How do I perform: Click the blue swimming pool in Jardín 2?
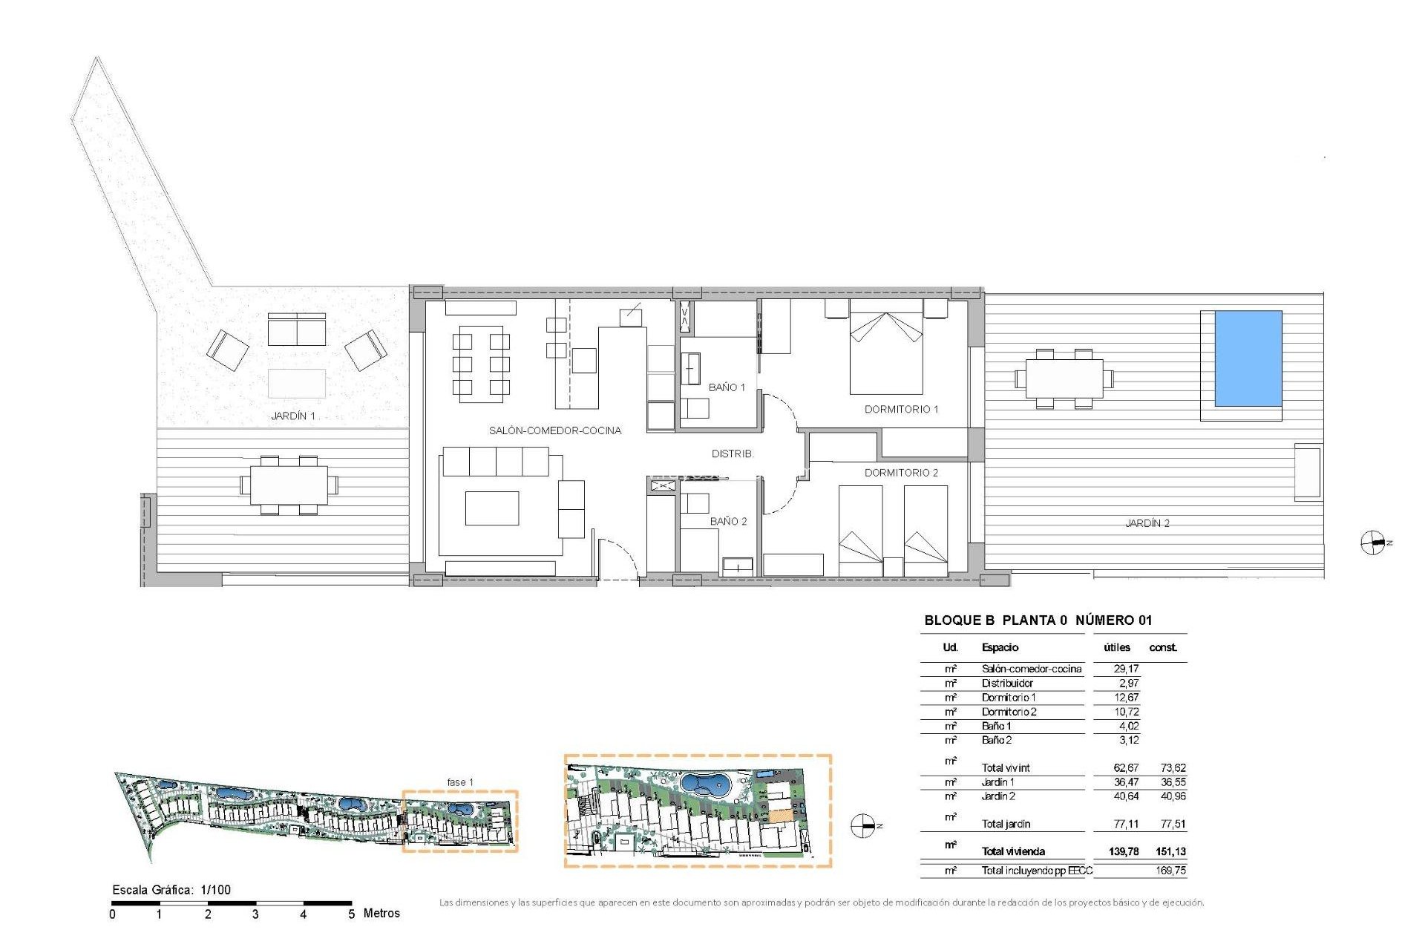pyautogui.click(x=1248, y=358)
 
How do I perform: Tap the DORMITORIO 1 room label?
pyautogui.click(x=901, y=409)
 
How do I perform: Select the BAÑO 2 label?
pyautogui.click(x=728, y=521)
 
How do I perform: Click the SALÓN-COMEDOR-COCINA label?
pyautogui.click(x=554, y=430)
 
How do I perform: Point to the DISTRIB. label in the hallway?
pyautogui.click(x=732, y=453)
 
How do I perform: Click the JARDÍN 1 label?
pyautogui.click(x=293, y=416)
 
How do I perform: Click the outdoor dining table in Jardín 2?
pyautogui.click(x=1064, y=379)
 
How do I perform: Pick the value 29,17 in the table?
pyautogui.click(x=1125, y=669)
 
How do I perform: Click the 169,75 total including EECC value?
pyautogui.click(x=1170, y=871)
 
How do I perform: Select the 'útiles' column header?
pyautogui.click(x=1116, y=647)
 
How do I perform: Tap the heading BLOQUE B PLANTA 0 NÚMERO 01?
pyautogui.click(x=1038, y=620)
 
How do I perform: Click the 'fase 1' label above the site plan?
pyautogui.click(x=459, y=782)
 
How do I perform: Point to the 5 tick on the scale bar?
pyautogui.click(x=352, y=914)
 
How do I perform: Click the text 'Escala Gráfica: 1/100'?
pyautogui.click(x=171, y=889)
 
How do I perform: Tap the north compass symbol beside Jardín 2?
pyautogui.click(x=1373, y=543)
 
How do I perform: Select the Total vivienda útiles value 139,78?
pyautogui.click(x=1123, y=851)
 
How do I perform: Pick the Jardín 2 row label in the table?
pyautogui.click(x=998, y=796)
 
